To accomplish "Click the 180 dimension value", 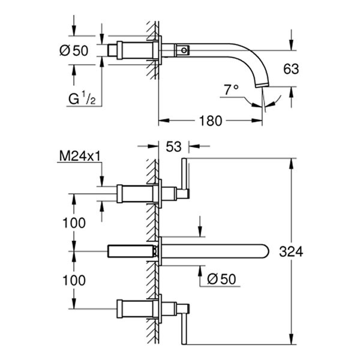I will [x=209, y=121].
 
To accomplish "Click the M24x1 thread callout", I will [x=79, y=157].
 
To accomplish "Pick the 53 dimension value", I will [x=174, y=145].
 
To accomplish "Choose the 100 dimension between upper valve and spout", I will [x=74, y=222].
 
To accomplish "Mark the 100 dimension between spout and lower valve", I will [x=74, y=280].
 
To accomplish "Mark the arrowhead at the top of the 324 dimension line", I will [x=292, y=161].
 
